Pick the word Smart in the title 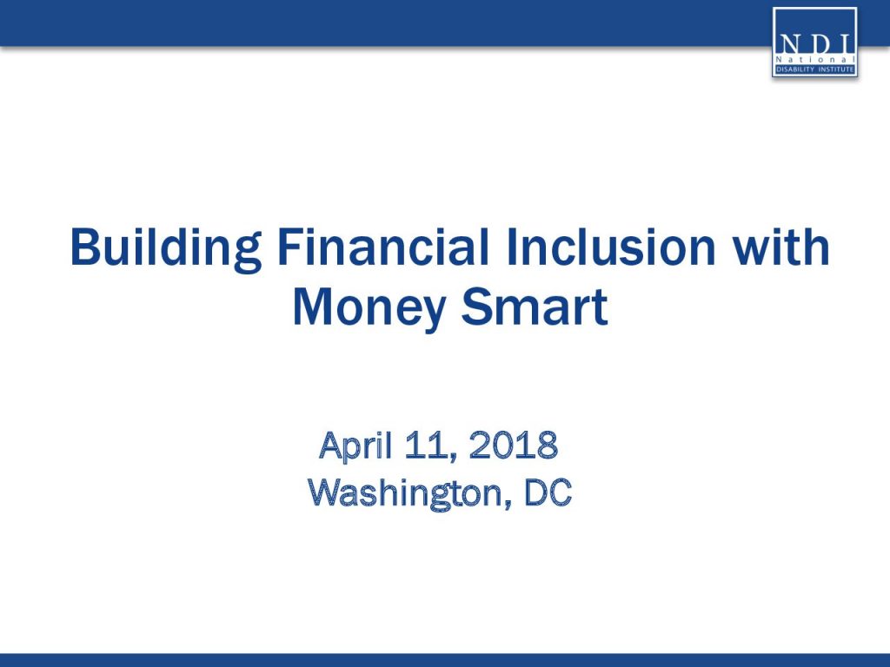point(535,307)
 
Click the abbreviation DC point(548,492)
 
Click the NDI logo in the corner point(814,42)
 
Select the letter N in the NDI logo point(788,44)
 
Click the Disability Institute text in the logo point(814,69)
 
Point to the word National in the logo point(814,60)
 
